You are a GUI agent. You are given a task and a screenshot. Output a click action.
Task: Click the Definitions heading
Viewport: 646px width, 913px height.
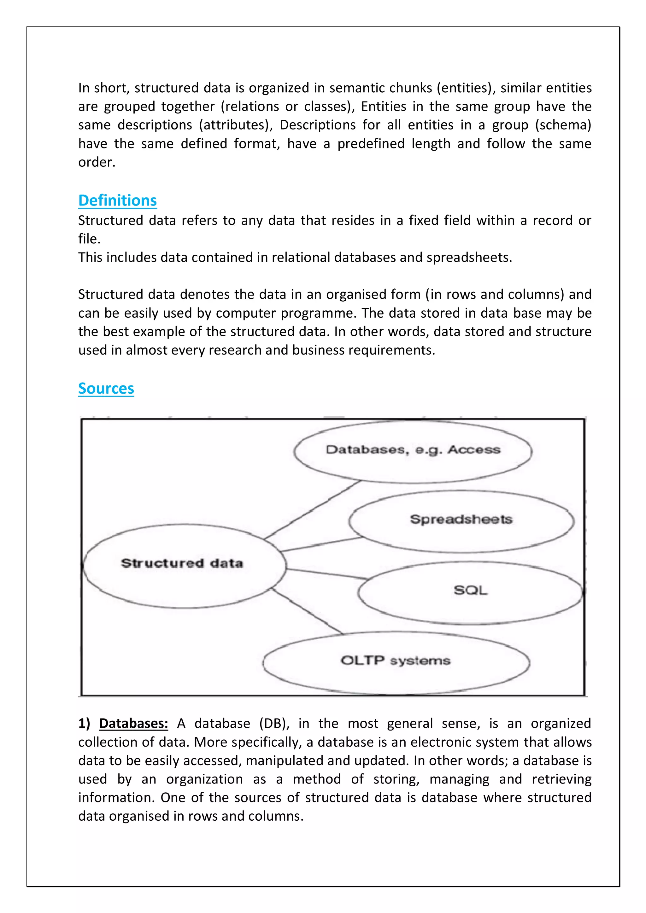tap(117, 200)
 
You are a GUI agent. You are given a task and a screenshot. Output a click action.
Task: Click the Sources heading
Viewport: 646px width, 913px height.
tap(106, 389)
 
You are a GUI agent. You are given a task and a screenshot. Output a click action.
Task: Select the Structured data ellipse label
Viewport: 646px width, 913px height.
tap(182, 563)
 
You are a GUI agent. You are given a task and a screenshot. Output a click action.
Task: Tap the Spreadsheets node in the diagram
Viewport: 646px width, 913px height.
tap(461, 519)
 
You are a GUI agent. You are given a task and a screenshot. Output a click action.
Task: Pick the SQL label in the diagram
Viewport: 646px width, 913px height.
tap(471, 590)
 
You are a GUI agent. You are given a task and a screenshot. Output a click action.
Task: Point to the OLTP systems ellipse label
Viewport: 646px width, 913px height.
tap(395, 661)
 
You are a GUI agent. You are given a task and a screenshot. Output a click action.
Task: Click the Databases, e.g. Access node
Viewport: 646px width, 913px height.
tap(413, 450)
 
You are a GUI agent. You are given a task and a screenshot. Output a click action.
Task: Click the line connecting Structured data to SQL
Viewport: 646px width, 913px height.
tap(326, 574)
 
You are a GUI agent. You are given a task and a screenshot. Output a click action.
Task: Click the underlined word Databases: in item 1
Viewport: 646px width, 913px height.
tap(133, 723)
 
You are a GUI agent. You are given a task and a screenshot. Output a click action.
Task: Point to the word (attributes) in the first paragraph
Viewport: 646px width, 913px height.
tap(236, 125)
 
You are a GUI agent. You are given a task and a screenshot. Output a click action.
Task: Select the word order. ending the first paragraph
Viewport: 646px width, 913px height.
tap(97, 162)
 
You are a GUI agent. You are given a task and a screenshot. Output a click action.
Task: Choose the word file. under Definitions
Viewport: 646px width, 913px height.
tap(89, 239)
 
